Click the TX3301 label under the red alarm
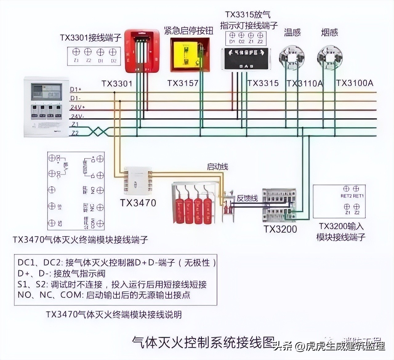[117, 83]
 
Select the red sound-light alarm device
[142, 51]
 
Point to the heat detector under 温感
[291, 57]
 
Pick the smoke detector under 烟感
[330, 57]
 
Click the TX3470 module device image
[138, 181]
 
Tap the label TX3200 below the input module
[280, 229]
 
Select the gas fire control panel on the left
[46, 106]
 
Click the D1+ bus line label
[75, 90]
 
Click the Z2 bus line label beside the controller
[75, 133]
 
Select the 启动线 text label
[217, 167]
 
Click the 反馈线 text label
[247, 198]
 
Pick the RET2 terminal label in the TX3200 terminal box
[346, 196]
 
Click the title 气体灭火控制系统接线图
[203, 342]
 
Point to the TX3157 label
[183, 83]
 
